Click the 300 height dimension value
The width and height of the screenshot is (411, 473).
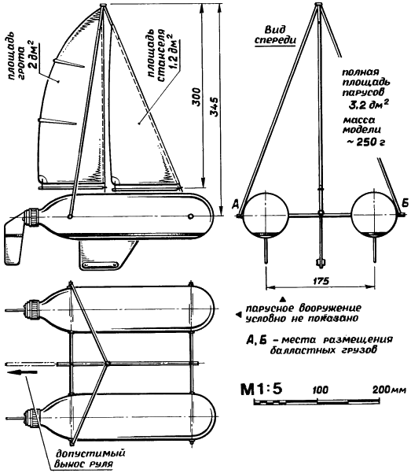[196, 97]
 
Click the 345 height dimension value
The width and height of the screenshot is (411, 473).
[214, 107]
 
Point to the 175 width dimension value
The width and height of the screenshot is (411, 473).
[321, 281]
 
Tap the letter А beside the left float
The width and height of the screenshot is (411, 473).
[235, 204]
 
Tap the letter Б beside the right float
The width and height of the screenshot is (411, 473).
[405, 203]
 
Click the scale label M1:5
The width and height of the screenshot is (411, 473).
[262, 389]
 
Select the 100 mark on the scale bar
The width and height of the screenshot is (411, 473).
[321, 390]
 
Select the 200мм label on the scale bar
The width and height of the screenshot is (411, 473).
[390, 390]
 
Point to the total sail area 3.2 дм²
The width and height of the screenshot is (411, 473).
[369, 105]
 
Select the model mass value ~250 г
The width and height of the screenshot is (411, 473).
[365, 142]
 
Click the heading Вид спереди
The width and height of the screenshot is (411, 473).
[275, 35]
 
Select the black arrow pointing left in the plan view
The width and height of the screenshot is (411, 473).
[22, 372]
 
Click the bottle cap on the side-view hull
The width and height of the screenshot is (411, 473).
[32, 217]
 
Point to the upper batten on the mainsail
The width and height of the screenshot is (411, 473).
[68, 63]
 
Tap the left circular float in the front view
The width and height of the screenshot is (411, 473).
[266, 215]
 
